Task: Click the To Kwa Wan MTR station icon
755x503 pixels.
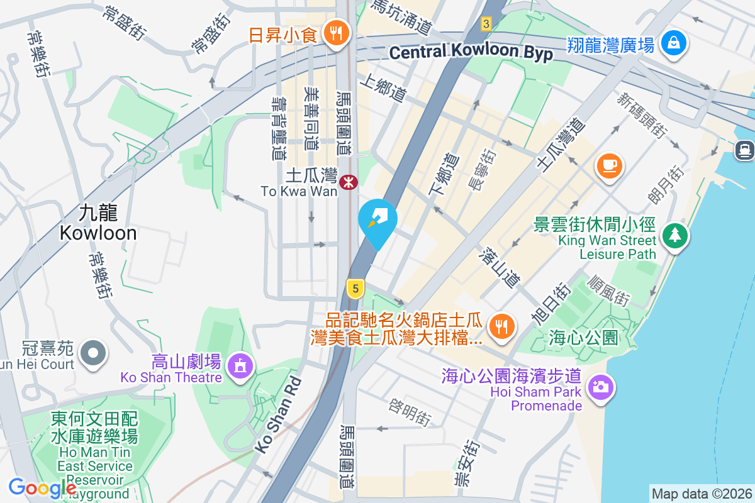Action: [x=348, y=182]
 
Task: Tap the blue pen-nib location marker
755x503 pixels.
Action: [x=377, y=220]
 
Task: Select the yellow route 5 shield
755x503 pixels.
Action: [x=355, y=289]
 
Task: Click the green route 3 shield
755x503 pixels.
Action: [x=485, y=24]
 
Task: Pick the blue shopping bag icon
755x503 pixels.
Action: [x=674, y=44]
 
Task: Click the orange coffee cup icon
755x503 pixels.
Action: [x=609, y=165]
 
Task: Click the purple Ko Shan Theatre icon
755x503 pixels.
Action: [x=239, y=365]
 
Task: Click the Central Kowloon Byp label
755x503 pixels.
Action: [x=471, y=52]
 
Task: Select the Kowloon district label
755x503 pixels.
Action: [x=98, y=223]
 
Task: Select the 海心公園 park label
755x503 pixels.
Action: [x=583, y=337]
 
